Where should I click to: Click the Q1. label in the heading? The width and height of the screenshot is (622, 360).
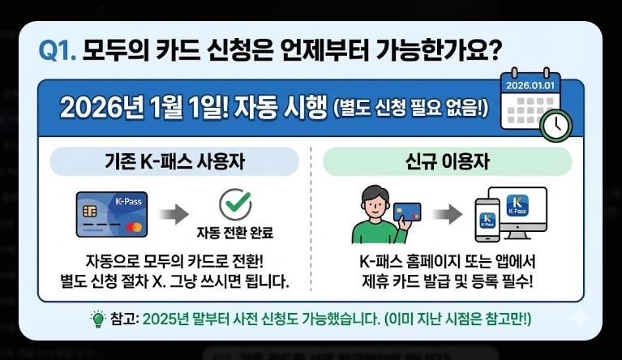(58, 52)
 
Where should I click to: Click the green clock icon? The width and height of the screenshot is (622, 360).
(556, 123)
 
